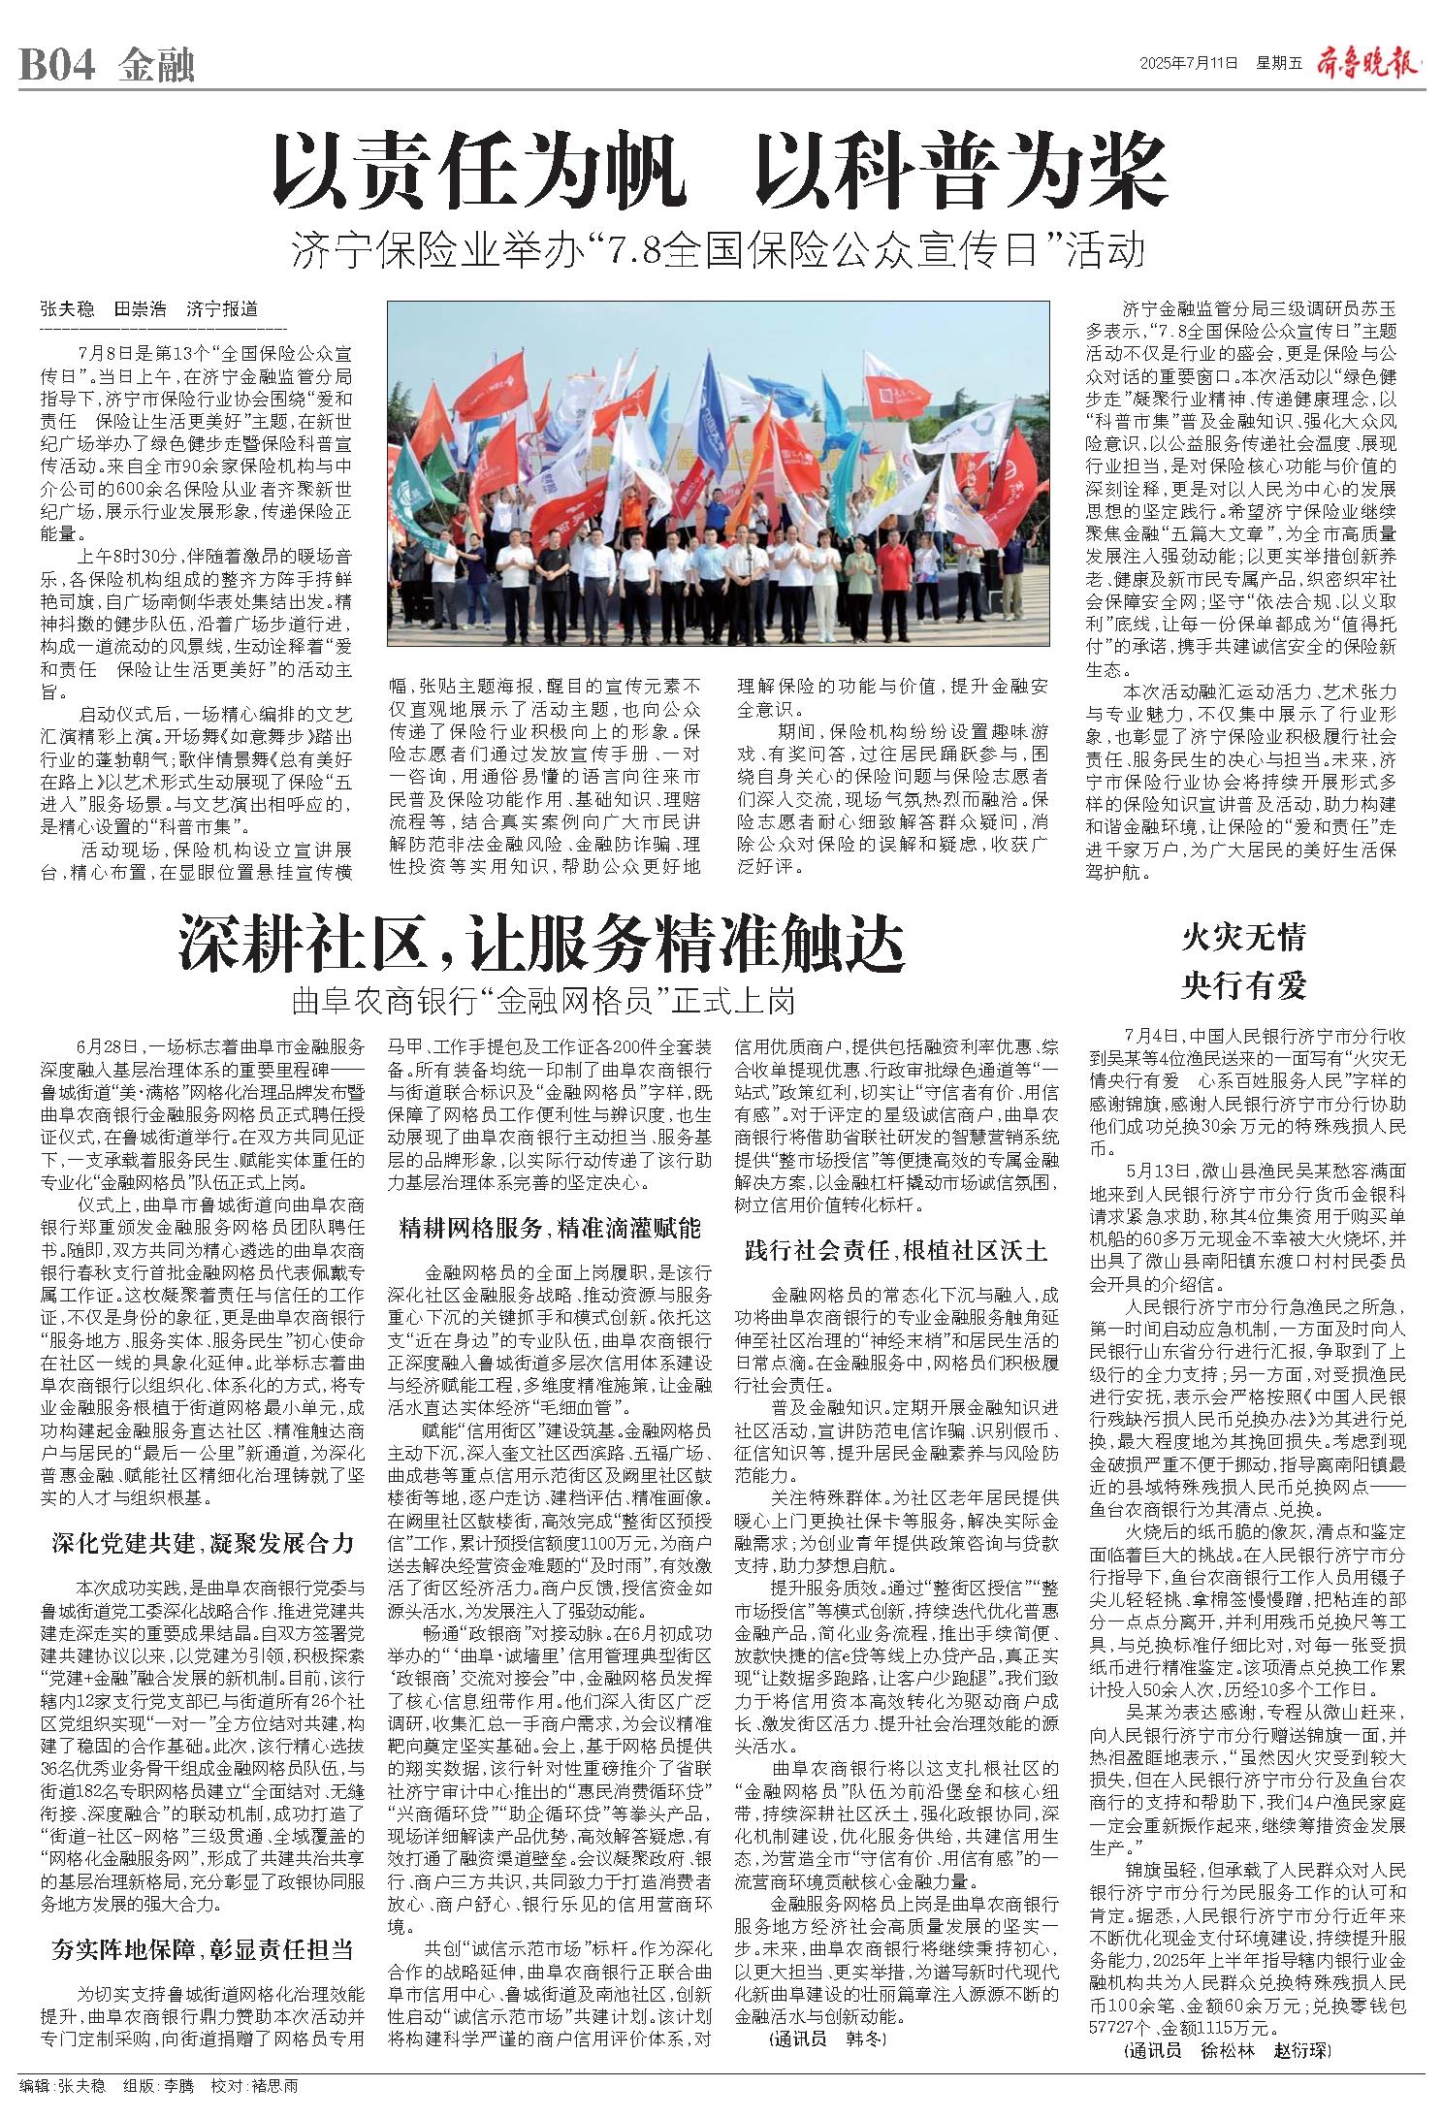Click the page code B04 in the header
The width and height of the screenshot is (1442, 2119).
pyautogui.click(x=57, y=67)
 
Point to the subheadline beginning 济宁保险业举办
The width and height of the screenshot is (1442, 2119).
pyautogui.click(x=720, y=252)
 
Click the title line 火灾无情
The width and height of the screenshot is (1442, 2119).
pyautogui.click(x=1243, y=938)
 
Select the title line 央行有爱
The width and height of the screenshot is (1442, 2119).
pyautogui.click(x=1243, y=985)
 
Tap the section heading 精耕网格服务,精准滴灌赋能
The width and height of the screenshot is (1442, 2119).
pyautogui.click(x=550, y=1229)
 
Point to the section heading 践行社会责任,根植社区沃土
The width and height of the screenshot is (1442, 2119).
pyautogui.click(x=896, y=1249)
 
